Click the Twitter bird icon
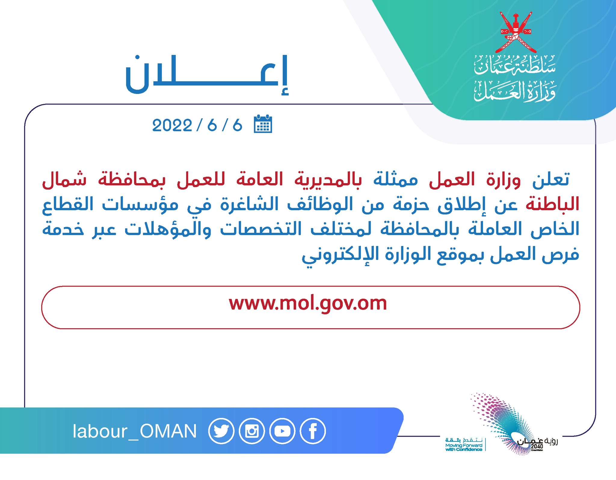pyautogui.click(x=221, y=431)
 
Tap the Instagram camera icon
pyautogui.click(x=252, y=431)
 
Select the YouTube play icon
pyautogui.click(x=282, y=431)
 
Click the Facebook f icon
pyautogui.click(x=313, y=431)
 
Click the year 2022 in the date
pyautogui.click(x=172, y=125)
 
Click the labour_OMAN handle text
pyautogui.click(x=134, y=431)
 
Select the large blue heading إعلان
pyautogui.click(x=207, y=75)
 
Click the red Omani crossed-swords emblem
pyautogui.click(x=515, y=32)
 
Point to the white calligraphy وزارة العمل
pyautogui.click(x=515, y=91)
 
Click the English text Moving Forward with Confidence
pyautogui.click(x=464, y=447)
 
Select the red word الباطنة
pyautogui.click(x=552, y=204)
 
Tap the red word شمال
pyautogui.click(x=64, y=179)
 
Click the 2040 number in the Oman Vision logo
pyautogui.click(x=537, y=446)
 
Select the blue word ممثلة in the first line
pyautogui.click(x=396, y=180)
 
